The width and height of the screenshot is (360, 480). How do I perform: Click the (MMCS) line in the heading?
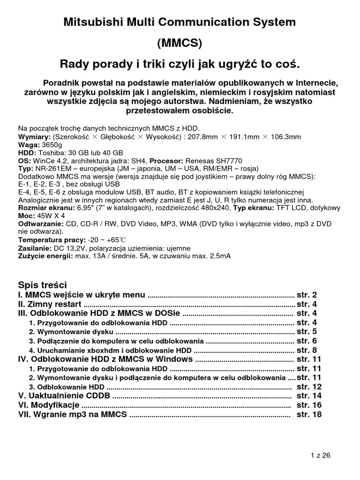(x=180, y=43)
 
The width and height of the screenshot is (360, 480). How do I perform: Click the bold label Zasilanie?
(x=34, y=248)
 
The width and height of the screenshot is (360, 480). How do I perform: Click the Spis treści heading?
(x=42, y=285)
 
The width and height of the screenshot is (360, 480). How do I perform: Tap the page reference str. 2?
(x=307, y=295)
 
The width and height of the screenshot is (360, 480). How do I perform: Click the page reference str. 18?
(x=309, y=415)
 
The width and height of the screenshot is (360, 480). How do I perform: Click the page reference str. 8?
(x=307, y=350)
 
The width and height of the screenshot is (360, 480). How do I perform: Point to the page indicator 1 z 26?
(x=321, y=455)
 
